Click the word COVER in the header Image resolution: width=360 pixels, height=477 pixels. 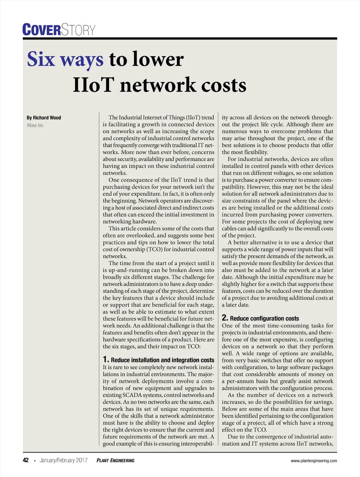[41, 30]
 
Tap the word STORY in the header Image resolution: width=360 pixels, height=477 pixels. [78, 30]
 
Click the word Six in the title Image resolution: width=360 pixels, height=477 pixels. [41, 59]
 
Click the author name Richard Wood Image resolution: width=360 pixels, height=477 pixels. [47, 118]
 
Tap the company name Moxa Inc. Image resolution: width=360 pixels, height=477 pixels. [36, 125]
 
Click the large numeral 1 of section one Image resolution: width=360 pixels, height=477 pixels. [105, 359]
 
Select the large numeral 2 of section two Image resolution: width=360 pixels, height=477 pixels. [225, 318]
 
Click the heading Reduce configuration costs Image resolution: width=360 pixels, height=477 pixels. [264, 319]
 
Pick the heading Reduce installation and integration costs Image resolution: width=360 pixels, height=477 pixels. [162, 360]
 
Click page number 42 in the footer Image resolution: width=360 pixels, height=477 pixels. [26, 460]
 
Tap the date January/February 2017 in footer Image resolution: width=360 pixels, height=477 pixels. [64, 460]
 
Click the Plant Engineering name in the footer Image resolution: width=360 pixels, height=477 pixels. [115, 460]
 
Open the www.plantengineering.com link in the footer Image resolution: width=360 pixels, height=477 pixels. [314, 461]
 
